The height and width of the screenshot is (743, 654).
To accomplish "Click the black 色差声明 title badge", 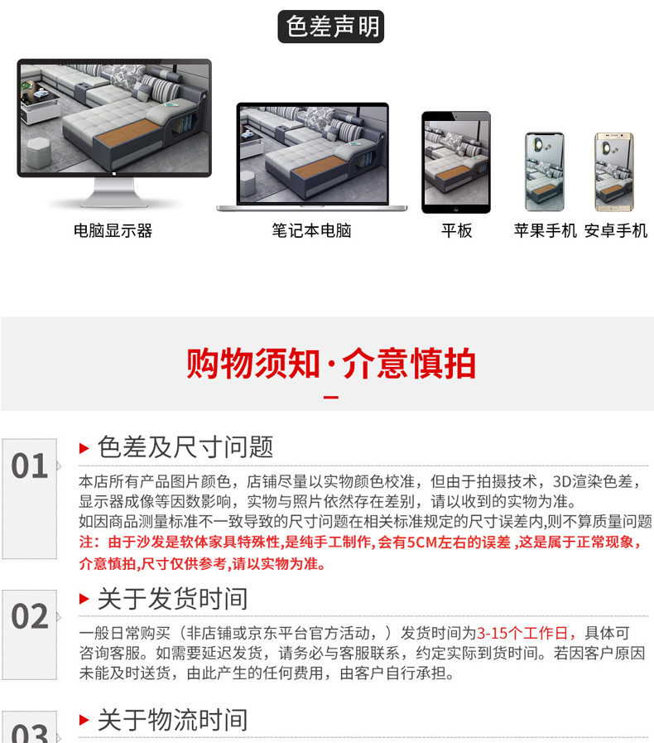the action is coord(330,27).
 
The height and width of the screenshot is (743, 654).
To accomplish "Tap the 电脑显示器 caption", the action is coord(113,231).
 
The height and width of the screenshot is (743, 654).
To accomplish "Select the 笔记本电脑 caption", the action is coord(311,231).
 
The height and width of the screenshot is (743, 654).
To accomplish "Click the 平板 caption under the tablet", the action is coord(456,231).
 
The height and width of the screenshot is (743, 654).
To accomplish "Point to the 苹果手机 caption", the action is coord(545,231).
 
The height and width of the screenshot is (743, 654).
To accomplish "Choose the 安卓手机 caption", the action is coord(616,231).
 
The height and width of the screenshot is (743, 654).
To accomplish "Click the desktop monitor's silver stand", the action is coord(114,193).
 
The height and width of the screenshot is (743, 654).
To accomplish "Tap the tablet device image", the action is coord(456,162).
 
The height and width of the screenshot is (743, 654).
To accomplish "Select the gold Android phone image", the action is coord(614,172).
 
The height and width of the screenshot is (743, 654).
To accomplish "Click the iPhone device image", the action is coord(545,171).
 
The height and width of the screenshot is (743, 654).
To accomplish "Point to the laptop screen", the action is coord(312,154).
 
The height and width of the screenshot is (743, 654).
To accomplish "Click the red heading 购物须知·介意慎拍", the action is coord(330,364).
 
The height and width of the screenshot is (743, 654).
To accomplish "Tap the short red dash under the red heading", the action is coord(330,397).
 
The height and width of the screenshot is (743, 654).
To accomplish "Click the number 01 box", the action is coord(29,499).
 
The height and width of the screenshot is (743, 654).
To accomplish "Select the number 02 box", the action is coord(29,635).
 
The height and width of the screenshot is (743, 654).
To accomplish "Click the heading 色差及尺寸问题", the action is coord(185,446).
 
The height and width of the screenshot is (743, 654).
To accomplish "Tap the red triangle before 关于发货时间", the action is coord(84,599).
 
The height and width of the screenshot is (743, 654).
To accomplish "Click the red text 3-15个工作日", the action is coord(522,633).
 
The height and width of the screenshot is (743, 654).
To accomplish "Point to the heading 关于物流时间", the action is coord(172,721).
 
